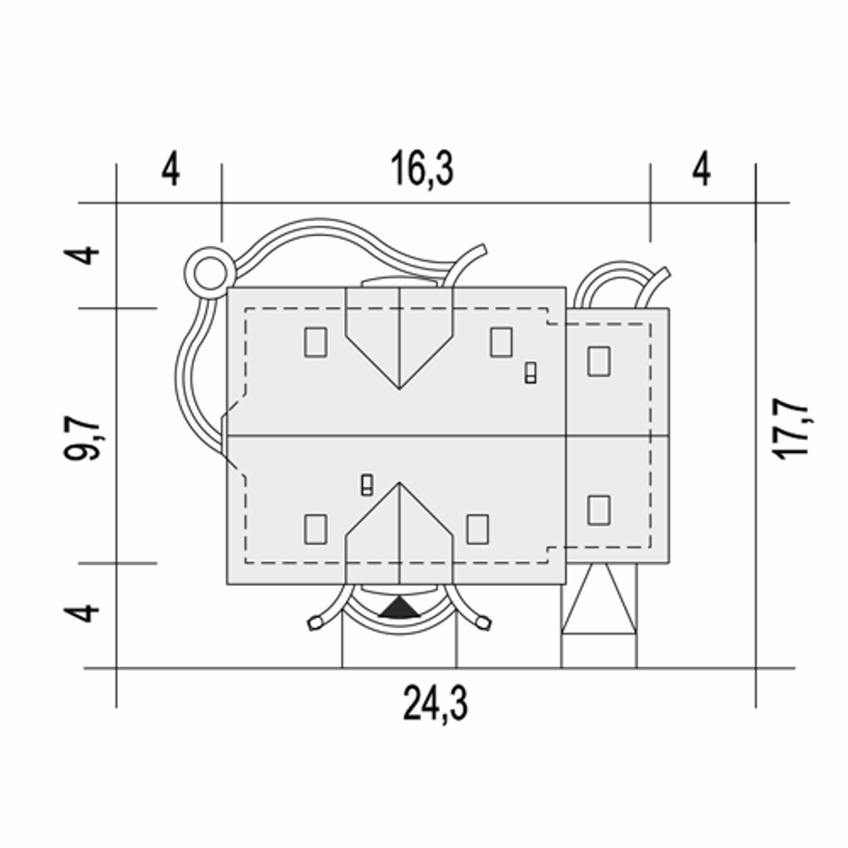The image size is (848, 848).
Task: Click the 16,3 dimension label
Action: coord(421,168)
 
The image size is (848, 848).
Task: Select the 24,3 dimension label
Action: coord(435,703)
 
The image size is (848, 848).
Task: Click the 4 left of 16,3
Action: coord(170,168)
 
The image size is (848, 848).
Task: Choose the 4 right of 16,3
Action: coord(702,168)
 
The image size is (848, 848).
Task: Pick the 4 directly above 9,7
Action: coord(81,255)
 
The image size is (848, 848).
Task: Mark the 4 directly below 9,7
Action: coord(81,613)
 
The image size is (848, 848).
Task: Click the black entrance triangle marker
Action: coord(399,608)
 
